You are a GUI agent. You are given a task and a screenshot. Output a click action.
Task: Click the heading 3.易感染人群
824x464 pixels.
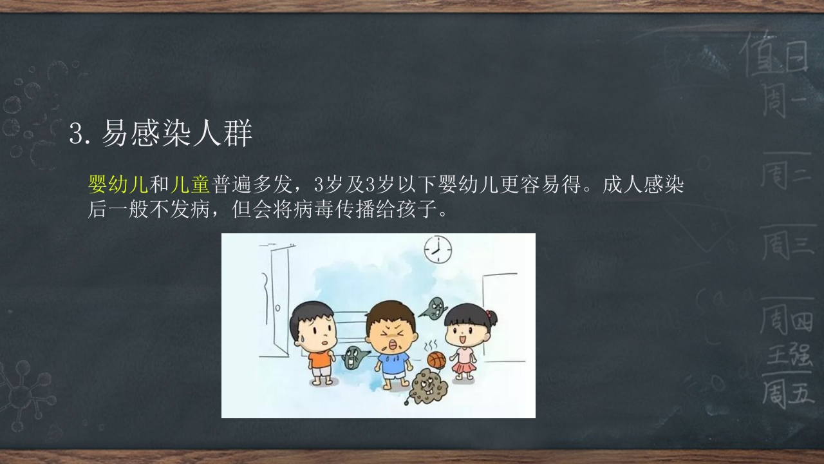(160, 135)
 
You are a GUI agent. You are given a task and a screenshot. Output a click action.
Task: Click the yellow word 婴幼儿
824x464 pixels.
(118, 185)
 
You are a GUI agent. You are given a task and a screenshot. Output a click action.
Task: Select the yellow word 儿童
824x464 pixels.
(191, 185)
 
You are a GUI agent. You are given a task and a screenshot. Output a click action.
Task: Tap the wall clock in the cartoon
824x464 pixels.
(437, 249)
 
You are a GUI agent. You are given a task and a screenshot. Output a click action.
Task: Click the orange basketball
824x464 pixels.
(436, 360)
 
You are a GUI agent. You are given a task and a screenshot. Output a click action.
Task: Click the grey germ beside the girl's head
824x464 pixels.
(435, 309)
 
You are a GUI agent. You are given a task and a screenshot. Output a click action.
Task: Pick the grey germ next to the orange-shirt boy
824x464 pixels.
(353, 358)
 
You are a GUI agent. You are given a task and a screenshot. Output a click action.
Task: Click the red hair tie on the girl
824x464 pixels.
(492, 316)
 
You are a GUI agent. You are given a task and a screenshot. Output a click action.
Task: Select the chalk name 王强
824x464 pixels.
(789, 354)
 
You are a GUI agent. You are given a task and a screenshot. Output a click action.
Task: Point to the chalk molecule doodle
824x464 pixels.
(23, 387)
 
